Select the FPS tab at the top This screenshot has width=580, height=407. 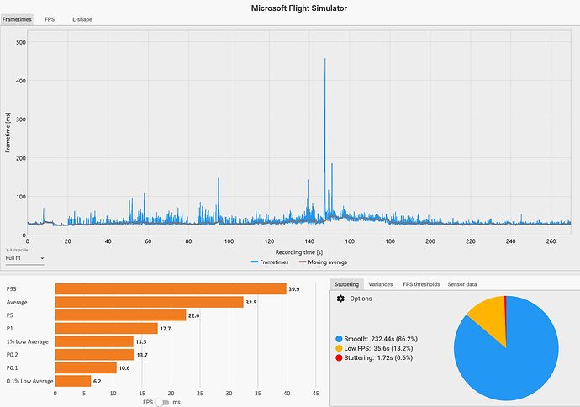coord(50,18)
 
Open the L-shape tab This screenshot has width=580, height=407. coord(82,18)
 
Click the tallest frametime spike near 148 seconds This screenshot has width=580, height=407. coord(324,61)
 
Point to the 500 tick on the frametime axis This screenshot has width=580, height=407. coord(20,42)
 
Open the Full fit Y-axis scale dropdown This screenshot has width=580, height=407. coord(25,259)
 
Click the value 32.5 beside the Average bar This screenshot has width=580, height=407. coord(250,302)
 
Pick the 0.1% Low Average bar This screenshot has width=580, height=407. coord(72,381)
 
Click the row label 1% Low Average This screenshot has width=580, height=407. coord(27,341)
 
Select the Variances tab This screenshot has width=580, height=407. coord(380,284)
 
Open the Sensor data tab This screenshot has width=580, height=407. coord(461,284)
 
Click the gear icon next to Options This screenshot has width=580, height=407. coord(340,299)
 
